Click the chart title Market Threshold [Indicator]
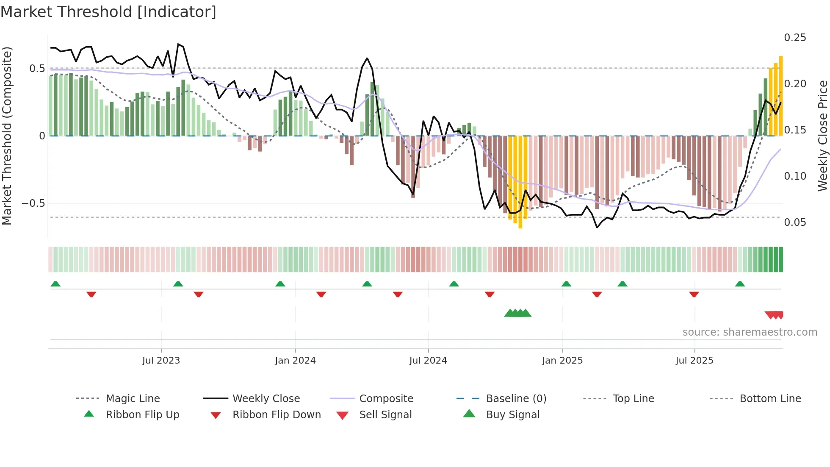pyautogui.click(x=108, y=12)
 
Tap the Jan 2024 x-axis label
pyautogui.click(x=295, y=360)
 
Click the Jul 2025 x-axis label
pyautogui.click(x=694, y=360)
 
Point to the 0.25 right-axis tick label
pyautogui.click(x=795, y=38)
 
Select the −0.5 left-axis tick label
pyautogui.click(x=33, y=203)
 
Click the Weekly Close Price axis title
pyautogui.click(x=822, y=136)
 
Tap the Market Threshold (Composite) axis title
pyautogui.click(x=7, y=136)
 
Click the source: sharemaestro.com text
pyautogui.click(x=750, y=332)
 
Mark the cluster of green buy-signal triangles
pyautogui.click(x=517, y=313)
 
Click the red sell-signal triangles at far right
pyautogui.click(x=775, y=315)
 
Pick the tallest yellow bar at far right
pyautogui.click(x=781, y=95)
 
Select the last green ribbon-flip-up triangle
pyautogui.click(x=740, y=284)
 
